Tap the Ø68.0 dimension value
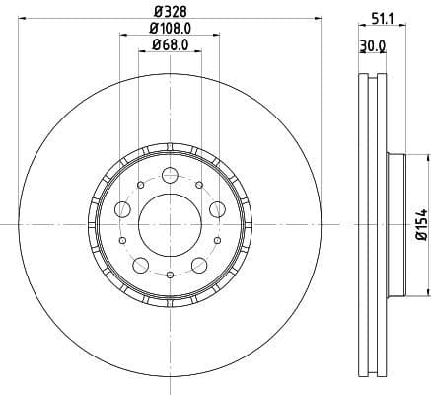click(171, 45)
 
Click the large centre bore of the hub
click(170, 223)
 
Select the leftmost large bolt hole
click(123, 208)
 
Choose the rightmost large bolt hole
click(216, 208)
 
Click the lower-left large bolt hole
click(141, 264)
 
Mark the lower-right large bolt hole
click(198, 264)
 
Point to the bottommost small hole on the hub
click(170, 274)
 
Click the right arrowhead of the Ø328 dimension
click(318, 17)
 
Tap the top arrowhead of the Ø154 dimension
click(428, 156)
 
